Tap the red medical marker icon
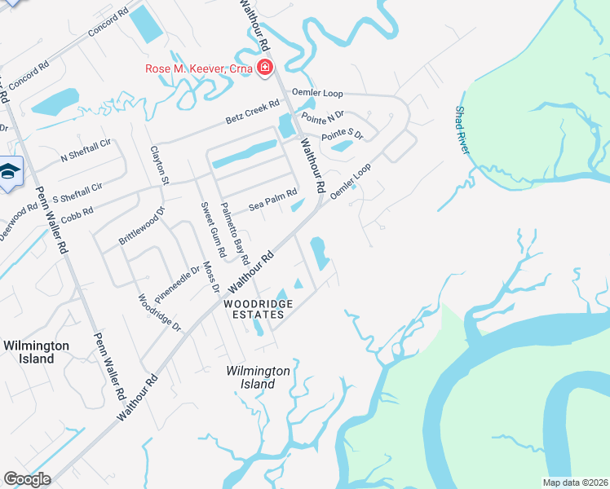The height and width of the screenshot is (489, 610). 264,68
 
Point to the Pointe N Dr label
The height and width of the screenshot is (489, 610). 323,119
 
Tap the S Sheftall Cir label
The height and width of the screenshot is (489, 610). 77,193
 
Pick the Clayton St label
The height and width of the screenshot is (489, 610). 160,165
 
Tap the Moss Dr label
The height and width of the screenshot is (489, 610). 212,276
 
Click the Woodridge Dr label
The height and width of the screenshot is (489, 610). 160,312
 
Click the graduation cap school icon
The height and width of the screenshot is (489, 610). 10,172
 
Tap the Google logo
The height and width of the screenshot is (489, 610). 28,479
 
